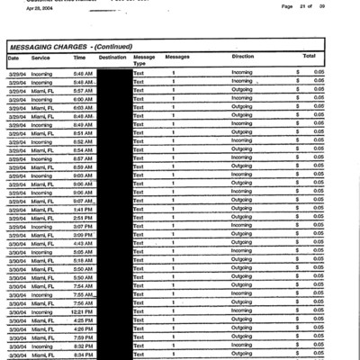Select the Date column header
13,57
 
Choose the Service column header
40,57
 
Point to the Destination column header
112,57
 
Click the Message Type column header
144,60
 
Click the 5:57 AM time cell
83,91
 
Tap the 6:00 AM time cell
83,99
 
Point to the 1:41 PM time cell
83,208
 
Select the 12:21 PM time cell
83,310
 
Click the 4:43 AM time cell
83,243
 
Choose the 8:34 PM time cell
83,354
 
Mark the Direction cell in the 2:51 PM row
242,217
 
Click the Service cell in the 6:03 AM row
42,107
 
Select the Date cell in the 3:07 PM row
17,226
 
